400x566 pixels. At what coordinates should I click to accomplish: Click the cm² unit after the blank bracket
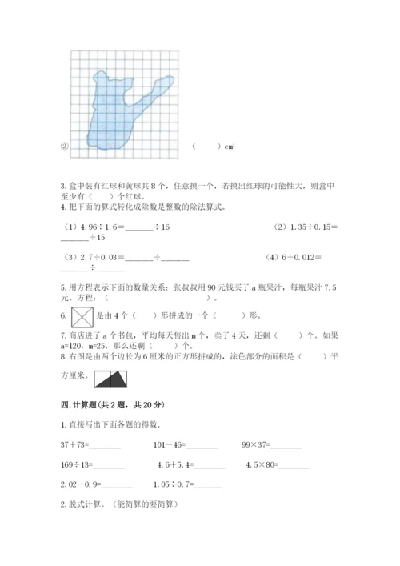pyautogui.click(x=229, y=147)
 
